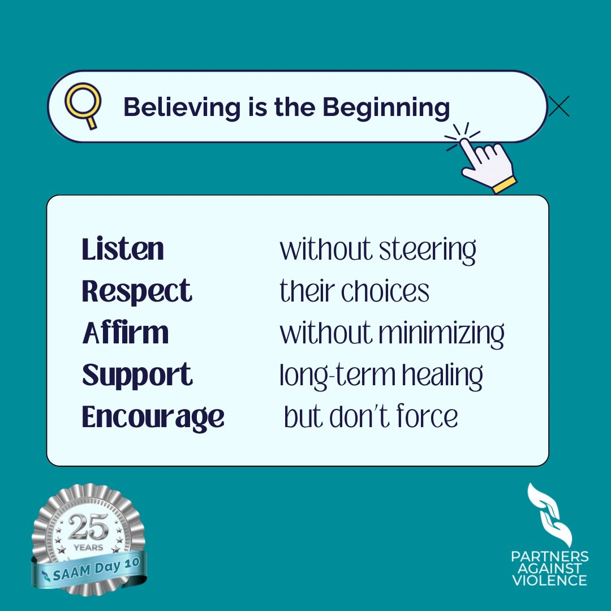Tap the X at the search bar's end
point(559,106)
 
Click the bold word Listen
point(123,249)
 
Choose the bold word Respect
point(137,291)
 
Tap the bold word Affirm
point(126,333)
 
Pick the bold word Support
point(137,375)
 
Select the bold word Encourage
point(153,418)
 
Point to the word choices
point(391,291)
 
